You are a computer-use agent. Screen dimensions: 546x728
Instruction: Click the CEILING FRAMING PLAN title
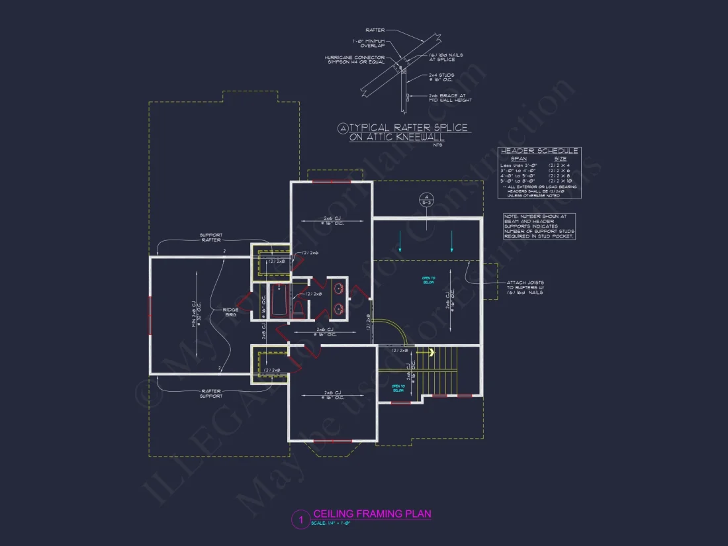tap(372, 514)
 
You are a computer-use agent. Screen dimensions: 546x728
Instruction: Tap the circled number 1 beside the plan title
tap(300, 520)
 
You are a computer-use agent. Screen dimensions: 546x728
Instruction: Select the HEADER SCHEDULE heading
tap(539, 152)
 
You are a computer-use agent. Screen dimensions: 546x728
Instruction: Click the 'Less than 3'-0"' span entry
tap(519, 165)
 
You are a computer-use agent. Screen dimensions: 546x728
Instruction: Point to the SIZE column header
tap(560, 159)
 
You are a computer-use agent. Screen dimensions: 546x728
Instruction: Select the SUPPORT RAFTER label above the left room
tap(211, 237)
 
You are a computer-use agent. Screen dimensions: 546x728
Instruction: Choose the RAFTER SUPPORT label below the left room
tap(211, 393)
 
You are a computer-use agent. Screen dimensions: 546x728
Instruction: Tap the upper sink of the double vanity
tap(340, 289)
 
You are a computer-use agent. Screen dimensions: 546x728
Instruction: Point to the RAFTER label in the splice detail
tap(374, 30)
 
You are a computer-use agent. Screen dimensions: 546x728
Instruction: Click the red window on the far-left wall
tap(150, 316)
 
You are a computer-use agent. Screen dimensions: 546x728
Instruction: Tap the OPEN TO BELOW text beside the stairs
tap(398, 388)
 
